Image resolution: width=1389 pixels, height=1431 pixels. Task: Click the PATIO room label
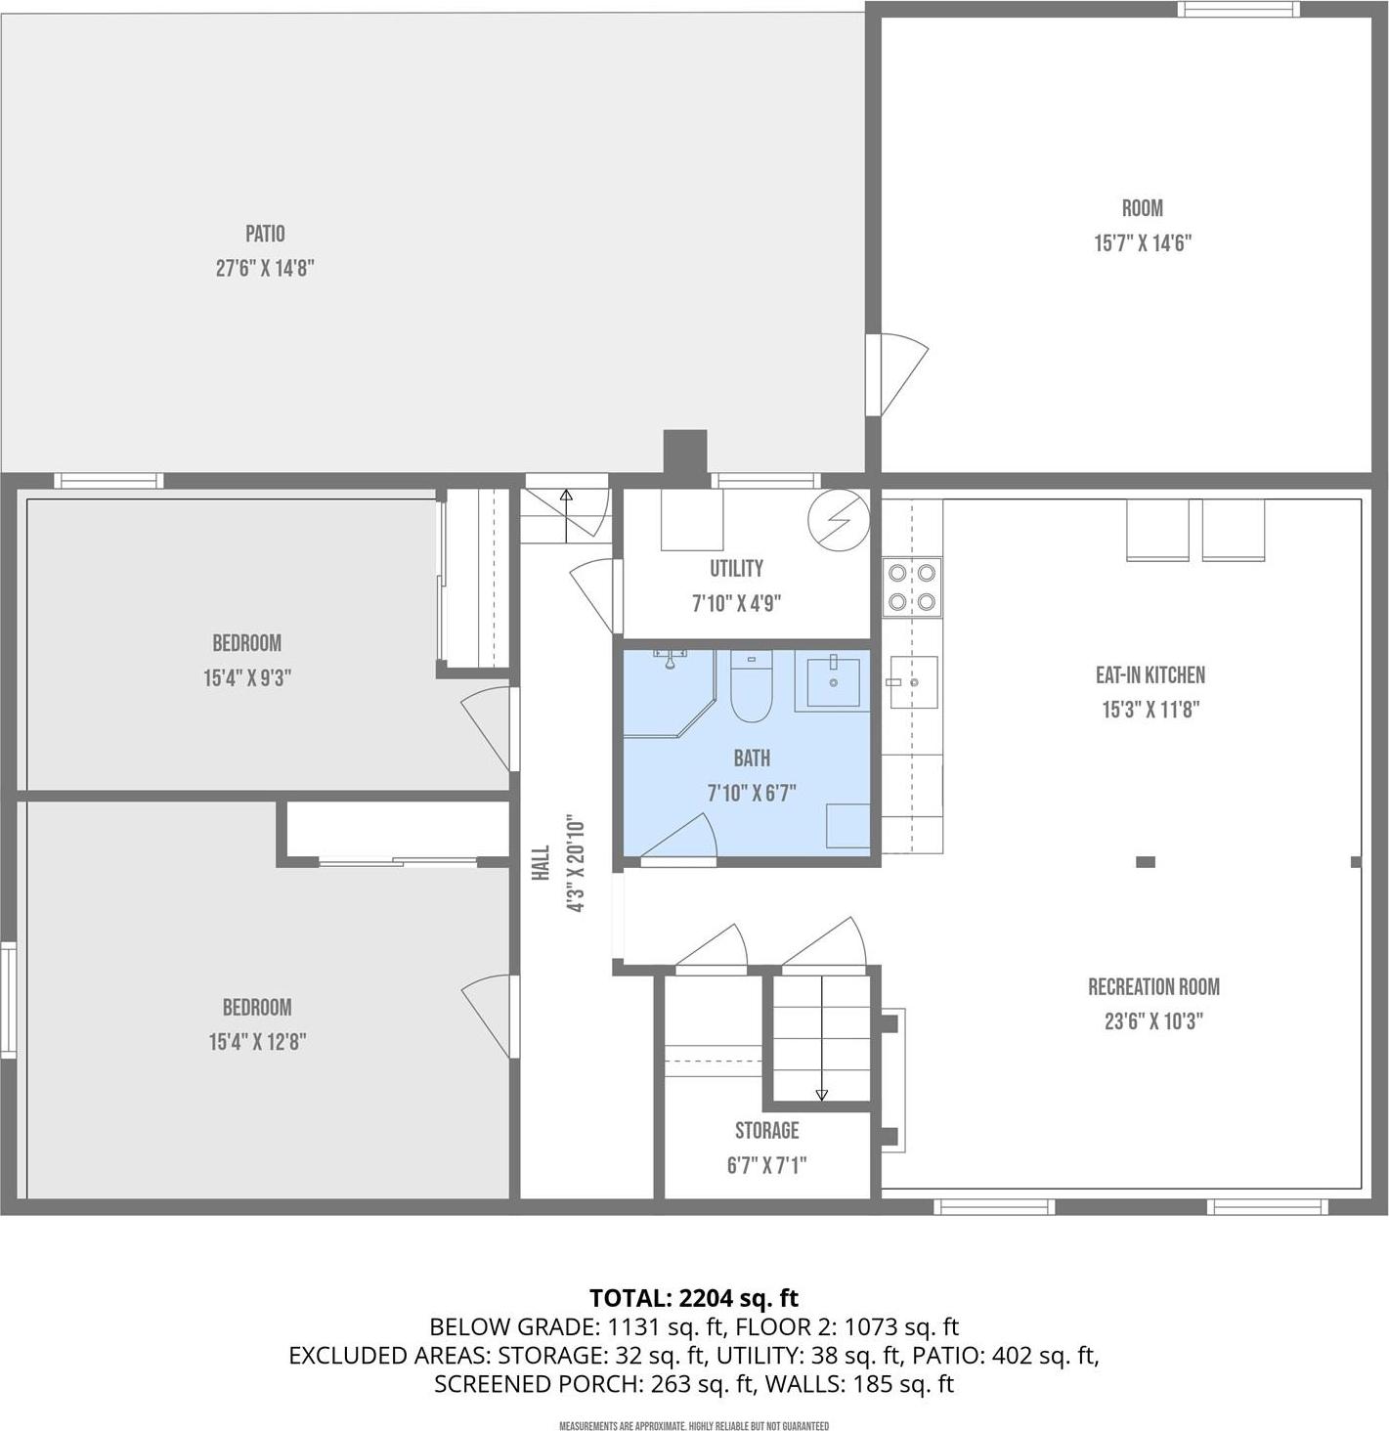[x=265, y=234]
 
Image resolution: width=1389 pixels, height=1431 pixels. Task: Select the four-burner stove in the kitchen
[x=912, y=587]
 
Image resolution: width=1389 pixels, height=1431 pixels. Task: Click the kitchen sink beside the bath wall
[x=913, y=681]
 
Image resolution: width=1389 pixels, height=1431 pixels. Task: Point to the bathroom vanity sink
[x=833, y=682]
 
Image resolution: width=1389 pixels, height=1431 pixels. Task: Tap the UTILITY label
[x=736, y=568]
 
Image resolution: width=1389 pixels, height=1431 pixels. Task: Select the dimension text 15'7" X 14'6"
[x=1142, y=243]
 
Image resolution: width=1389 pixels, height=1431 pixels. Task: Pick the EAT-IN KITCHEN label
[x=1150, y=674]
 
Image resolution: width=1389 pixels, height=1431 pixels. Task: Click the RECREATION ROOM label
[x=1153, y=986]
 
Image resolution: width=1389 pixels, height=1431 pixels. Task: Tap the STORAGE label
[x=766, y=1130]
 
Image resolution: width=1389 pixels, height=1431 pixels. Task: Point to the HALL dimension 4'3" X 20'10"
[x=575, y=864]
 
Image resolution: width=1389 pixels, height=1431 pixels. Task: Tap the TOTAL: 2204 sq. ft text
[x=694, y=1298]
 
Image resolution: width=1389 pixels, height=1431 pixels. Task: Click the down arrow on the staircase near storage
[x=821, y=1094]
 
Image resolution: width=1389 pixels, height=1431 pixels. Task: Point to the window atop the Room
[x=1237, y=9]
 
